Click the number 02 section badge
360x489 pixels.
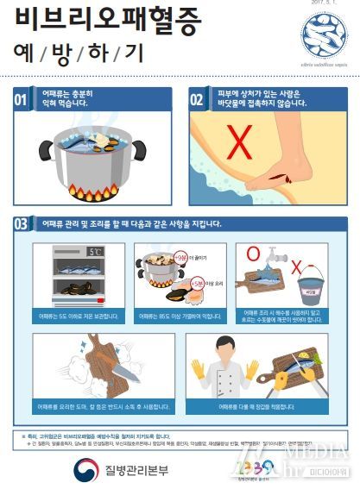(198, 99)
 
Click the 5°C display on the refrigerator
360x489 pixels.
(95, 253)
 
